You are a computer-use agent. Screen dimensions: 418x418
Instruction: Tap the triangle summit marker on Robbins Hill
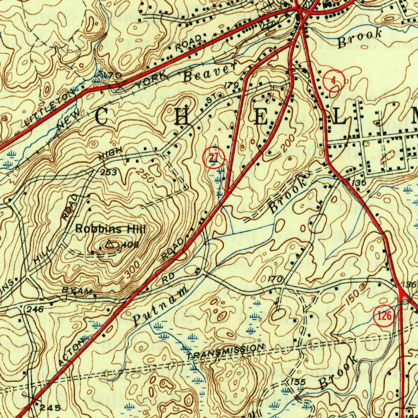(x=109, y=245)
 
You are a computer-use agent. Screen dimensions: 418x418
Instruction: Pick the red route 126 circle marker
(x=384, y=315)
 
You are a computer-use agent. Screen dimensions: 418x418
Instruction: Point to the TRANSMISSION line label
(x=226, y=351)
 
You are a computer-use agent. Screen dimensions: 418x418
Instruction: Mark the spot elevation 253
(x=109, y=173)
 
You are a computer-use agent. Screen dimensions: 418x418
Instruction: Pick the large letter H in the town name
(x=182, y=118)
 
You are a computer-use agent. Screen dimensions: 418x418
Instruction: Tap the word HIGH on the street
(x=110, y=154)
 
